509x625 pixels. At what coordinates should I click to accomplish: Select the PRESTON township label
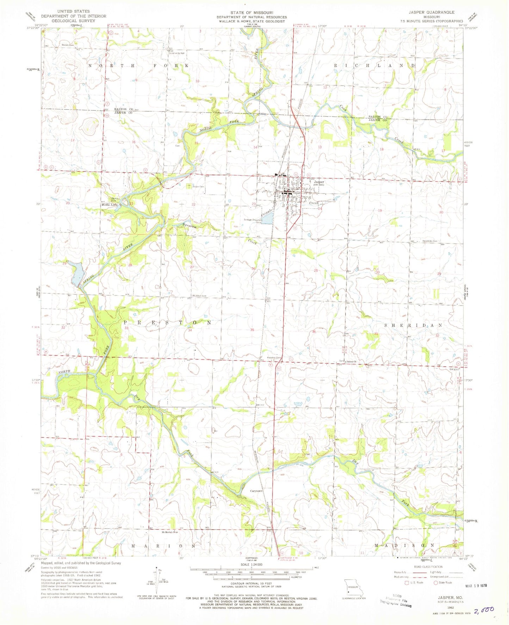pos(167,322)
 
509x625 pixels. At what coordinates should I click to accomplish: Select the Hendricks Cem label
pos(429,241)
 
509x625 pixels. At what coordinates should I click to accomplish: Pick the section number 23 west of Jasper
pos(253,204)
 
